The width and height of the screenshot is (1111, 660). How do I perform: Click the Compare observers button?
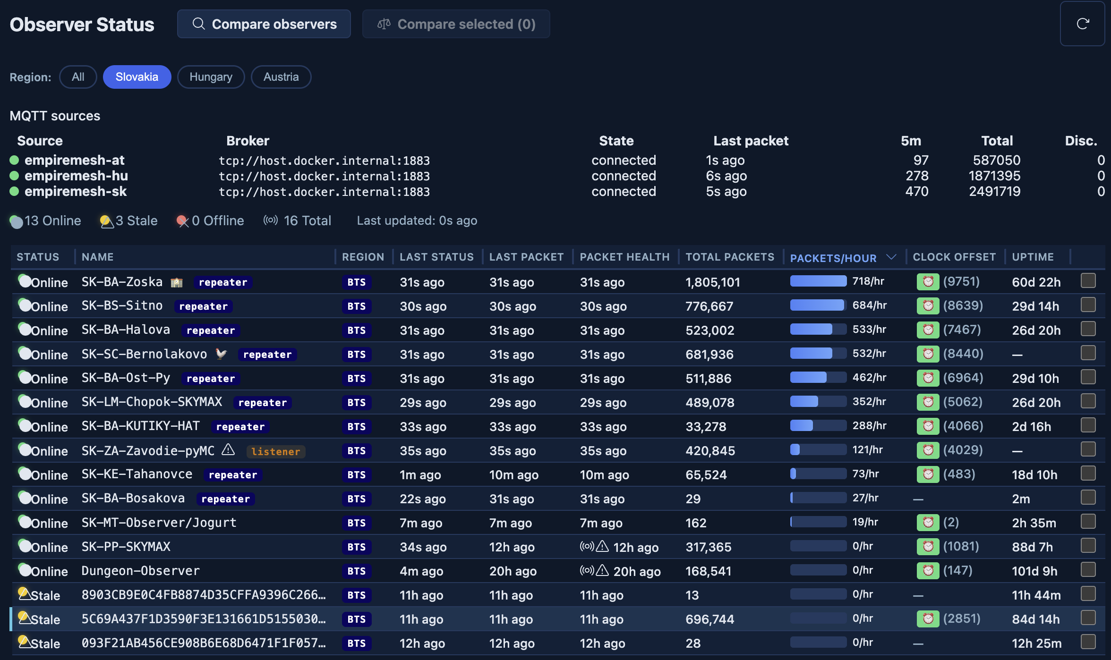264,24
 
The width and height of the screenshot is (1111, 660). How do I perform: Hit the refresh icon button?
1083,24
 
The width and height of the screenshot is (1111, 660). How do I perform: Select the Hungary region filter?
211,77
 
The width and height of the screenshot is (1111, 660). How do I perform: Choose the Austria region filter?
281,77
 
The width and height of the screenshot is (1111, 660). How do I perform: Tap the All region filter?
78,77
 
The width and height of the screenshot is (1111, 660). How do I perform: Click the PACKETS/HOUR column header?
833,258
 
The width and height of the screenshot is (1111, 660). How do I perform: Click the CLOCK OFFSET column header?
954,257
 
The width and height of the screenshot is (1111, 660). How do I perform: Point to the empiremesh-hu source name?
76,176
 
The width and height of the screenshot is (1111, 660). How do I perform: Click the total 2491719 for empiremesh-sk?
994,191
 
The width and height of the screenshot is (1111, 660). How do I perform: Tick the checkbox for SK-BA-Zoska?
1088,280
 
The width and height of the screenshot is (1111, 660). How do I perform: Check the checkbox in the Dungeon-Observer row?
1088,569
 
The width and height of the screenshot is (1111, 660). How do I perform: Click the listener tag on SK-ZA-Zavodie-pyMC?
276,451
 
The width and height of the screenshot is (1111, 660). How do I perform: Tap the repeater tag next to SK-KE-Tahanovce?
233,474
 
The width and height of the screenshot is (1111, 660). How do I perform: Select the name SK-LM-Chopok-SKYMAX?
152,402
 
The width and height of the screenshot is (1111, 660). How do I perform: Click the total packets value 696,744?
710,619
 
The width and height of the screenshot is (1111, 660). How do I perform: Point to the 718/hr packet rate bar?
818,281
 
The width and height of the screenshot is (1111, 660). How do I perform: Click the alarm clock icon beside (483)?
928,474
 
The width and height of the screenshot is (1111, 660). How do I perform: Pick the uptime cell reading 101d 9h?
1034,571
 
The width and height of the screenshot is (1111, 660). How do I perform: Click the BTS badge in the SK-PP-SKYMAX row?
357,547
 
